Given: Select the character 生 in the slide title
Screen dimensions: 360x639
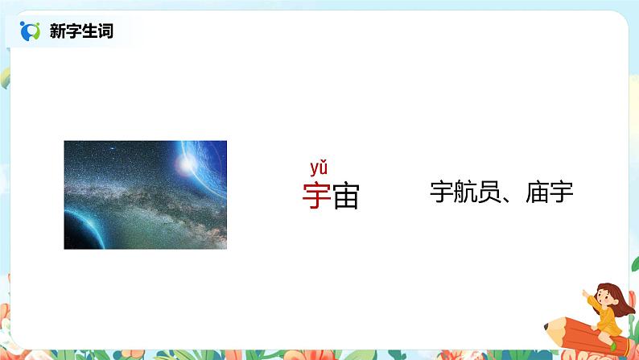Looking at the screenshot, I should tap(89, 32).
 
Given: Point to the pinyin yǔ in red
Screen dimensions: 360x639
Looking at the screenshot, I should tap(319, 168).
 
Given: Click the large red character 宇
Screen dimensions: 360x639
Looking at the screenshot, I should tap(316, 195).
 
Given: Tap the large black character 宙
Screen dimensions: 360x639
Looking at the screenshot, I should tap(345, 195).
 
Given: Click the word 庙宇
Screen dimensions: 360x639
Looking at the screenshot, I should tap(549, 192).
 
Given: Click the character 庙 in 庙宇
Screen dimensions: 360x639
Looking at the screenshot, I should tap(537, 192).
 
